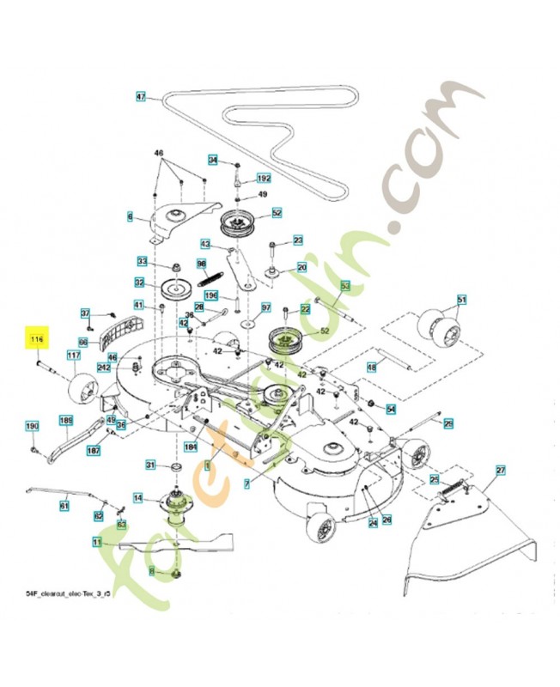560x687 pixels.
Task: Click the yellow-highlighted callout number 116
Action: pos(37,341)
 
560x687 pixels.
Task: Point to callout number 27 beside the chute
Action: pos(501,471)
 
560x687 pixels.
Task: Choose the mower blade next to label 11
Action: pos(180,542)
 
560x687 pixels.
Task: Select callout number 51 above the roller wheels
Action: pos(461,300)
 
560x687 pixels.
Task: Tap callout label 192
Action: pos(264,179)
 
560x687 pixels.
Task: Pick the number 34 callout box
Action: pos(213,161)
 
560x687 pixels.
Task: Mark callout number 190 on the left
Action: pos(32,427)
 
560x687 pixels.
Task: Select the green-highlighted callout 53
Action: pos(345,283)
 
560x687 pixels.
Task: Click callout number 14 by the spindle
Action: pos(137,497)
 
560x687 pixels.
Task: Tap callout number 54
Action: pos(391,409)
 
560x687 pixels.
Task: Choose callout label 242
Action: pos(105,368)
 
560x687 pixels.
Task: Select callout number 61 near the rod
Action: pos(64,506)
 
